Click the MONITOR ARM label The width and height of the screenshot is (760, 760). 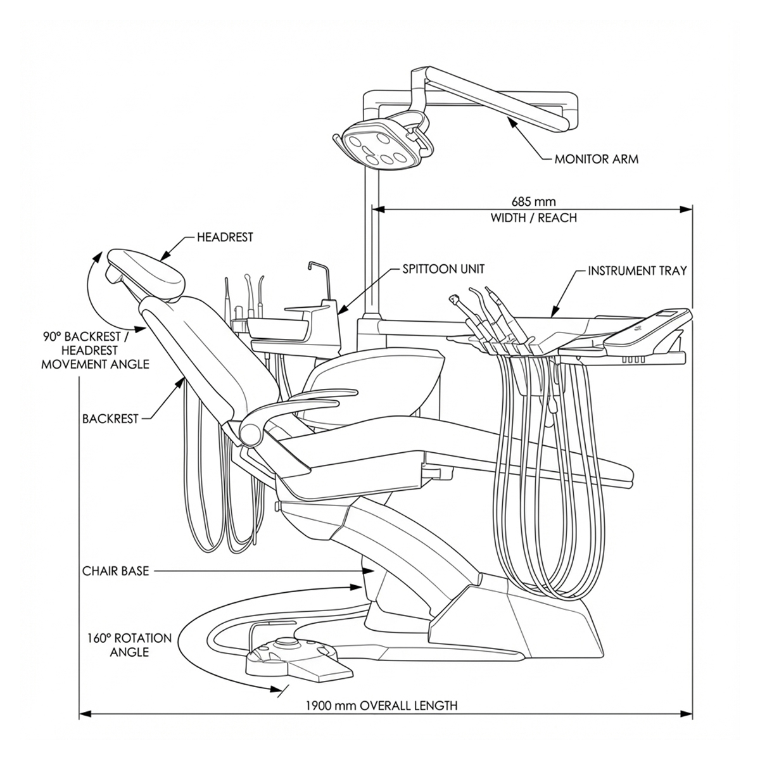click(596, 159)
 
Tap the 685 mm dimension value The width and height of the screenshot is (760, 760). click(534, 202)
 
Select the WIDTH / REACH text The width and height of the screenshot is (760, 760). click(534, 218)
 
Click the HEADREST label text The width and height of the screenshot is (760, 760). click(225, 237)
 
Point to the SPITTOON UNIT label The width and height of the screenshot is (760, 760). click(443, 269)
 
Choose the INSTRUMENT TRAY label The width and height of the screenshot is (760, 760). click(637, 271)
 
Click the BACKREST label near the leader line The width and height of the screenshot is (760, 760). click(110, 419)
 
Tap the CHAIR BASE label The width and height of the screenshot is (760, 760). click(115, 571)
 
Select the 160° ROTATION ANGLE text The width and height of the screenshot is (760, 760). click(129, 645)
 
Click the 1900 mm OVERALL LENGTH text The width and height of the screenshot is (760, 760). click(381, 706)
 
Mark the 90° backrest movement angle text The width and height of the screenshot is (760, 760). click(95, 349)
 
